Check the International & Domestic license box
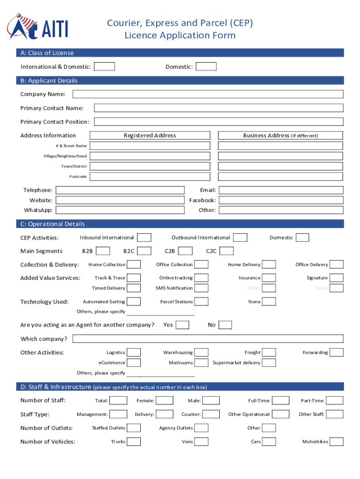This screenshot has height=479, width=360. coord(104,66)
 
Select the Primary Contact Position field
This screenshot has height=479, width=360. coord(218,122)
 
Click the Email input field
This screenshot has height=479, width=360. coord(281,190)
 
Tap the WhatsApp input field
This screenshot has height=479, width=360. coord(120,210)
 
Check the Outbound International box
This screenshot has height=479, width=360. coord(240,238)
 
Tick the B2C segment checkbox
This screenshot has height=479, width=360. coord(144,251)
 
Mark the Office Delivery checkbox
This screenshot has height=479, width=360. coord(337,265)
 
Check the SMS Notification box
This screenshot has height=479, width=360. coord(202,288)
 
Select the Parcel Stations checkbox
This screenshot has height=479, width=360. coord(202,302)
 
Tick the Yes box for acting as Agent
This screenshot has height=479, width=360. coord(182,325)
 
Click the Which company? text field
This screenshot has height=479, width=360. coord(208,339)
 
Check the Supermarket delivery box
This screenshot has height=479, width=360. coord(269,363)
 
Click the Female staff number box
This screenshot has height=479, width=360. coord(164,400)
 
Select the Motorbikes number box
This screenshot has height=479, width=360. coord(337,442)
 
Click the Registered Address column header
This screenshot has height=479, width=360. coord(150,136)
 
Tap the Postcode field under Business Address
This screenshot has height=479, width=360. coord(281,176)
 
